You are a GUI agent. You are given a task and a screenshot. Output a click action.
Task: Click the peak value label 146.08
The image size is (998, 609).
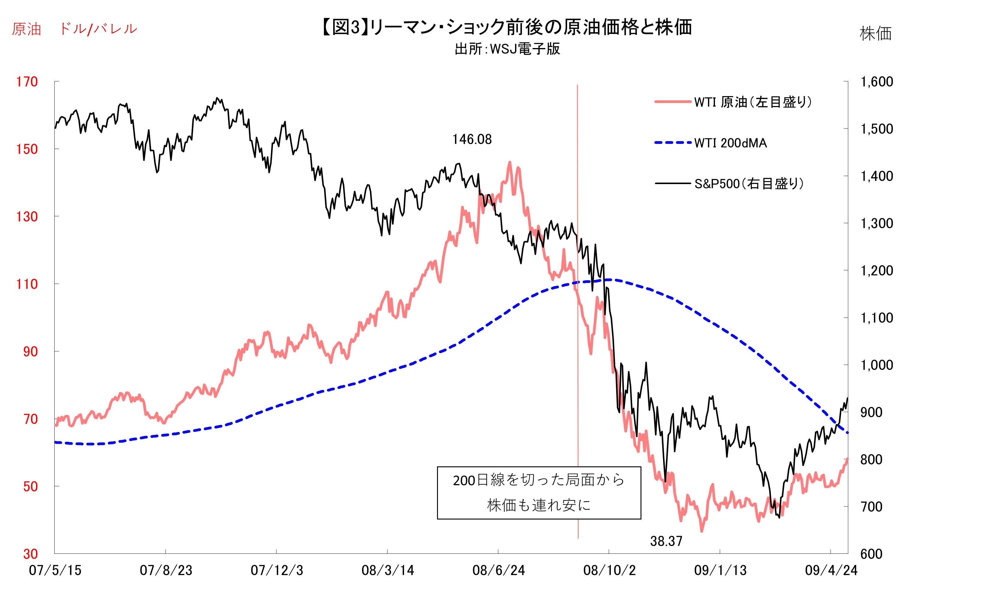(472, 139)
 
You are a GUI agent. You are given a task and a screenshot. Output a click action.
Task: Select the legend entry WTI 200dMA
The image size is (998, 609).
(730, 143)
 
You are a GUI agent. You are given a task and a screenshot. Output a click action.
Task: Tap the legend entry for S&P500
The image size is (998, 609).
(749, 184)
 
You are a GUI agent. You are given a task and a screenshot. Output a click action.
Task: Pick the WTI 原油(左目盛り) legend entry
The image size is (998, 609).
(752, 102)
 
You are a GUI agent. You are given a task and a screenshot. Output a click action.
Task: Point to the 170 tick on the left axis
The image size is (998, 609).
(27, 82)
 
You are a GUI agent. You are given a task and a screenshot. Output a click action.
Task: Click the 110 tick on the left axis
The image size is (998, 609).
(27, 284)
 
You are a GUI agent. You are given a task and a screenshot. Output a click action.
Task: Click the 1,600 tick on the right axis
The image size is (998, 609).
(876, 82)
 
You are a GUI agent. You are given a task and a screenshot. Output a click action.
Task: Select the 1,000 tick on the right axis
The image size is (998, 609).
(876, 365)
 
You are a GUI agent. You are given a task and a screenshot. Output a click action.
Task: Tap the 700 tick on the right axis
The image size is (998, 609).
(871, 507)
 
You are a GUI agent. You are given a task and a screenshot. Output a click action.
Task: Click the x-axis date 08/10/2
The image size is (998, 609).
(609, 571)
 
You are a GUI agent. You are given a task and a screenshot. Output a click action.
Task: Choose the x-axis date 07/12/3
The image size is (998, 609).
(277, 571)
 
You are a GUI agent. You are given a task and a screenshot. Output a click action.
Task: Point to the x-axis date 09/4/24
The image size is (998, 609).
(831, 571)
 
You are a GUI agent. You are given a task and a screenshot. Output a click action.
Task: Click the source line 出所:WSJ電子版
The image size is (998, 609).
(507, 49)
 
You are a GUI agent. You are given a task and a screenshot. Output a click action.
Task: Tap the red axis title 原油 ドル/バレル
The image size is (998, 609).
(74, 29)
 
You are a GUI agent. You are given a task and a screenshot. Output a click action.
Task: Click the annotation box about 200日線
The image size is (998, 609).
(539, 493)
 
